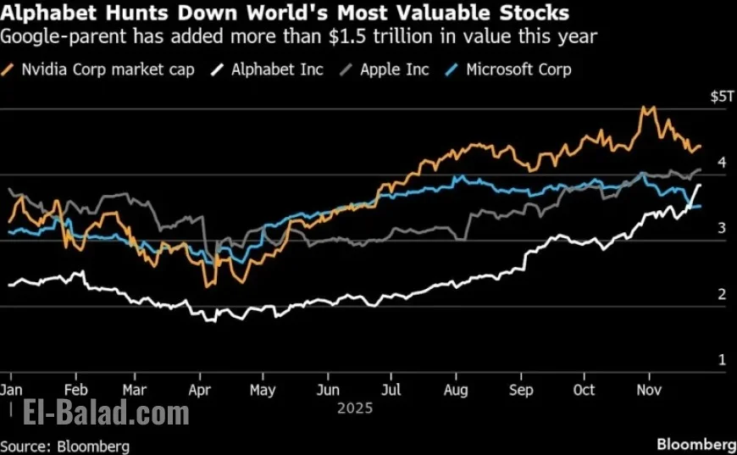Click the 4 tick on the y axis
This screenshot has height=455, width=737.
(721, 163)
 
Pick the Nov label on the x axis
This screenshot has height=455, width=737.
(648, 390)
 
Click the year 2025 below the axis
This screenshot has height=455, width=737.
(356, 408)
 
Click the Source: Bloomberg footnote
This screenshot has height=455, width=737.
(65, 446)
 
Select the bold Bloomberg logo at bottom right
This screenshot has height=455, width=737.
(696, 444)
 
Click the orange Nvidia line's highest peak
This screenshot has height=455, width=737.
(646, 108)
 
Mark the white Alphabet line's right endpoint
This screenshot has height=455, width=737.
(700, 185)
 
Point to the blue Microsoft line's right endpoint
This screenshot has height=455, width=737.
(700, 206)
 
